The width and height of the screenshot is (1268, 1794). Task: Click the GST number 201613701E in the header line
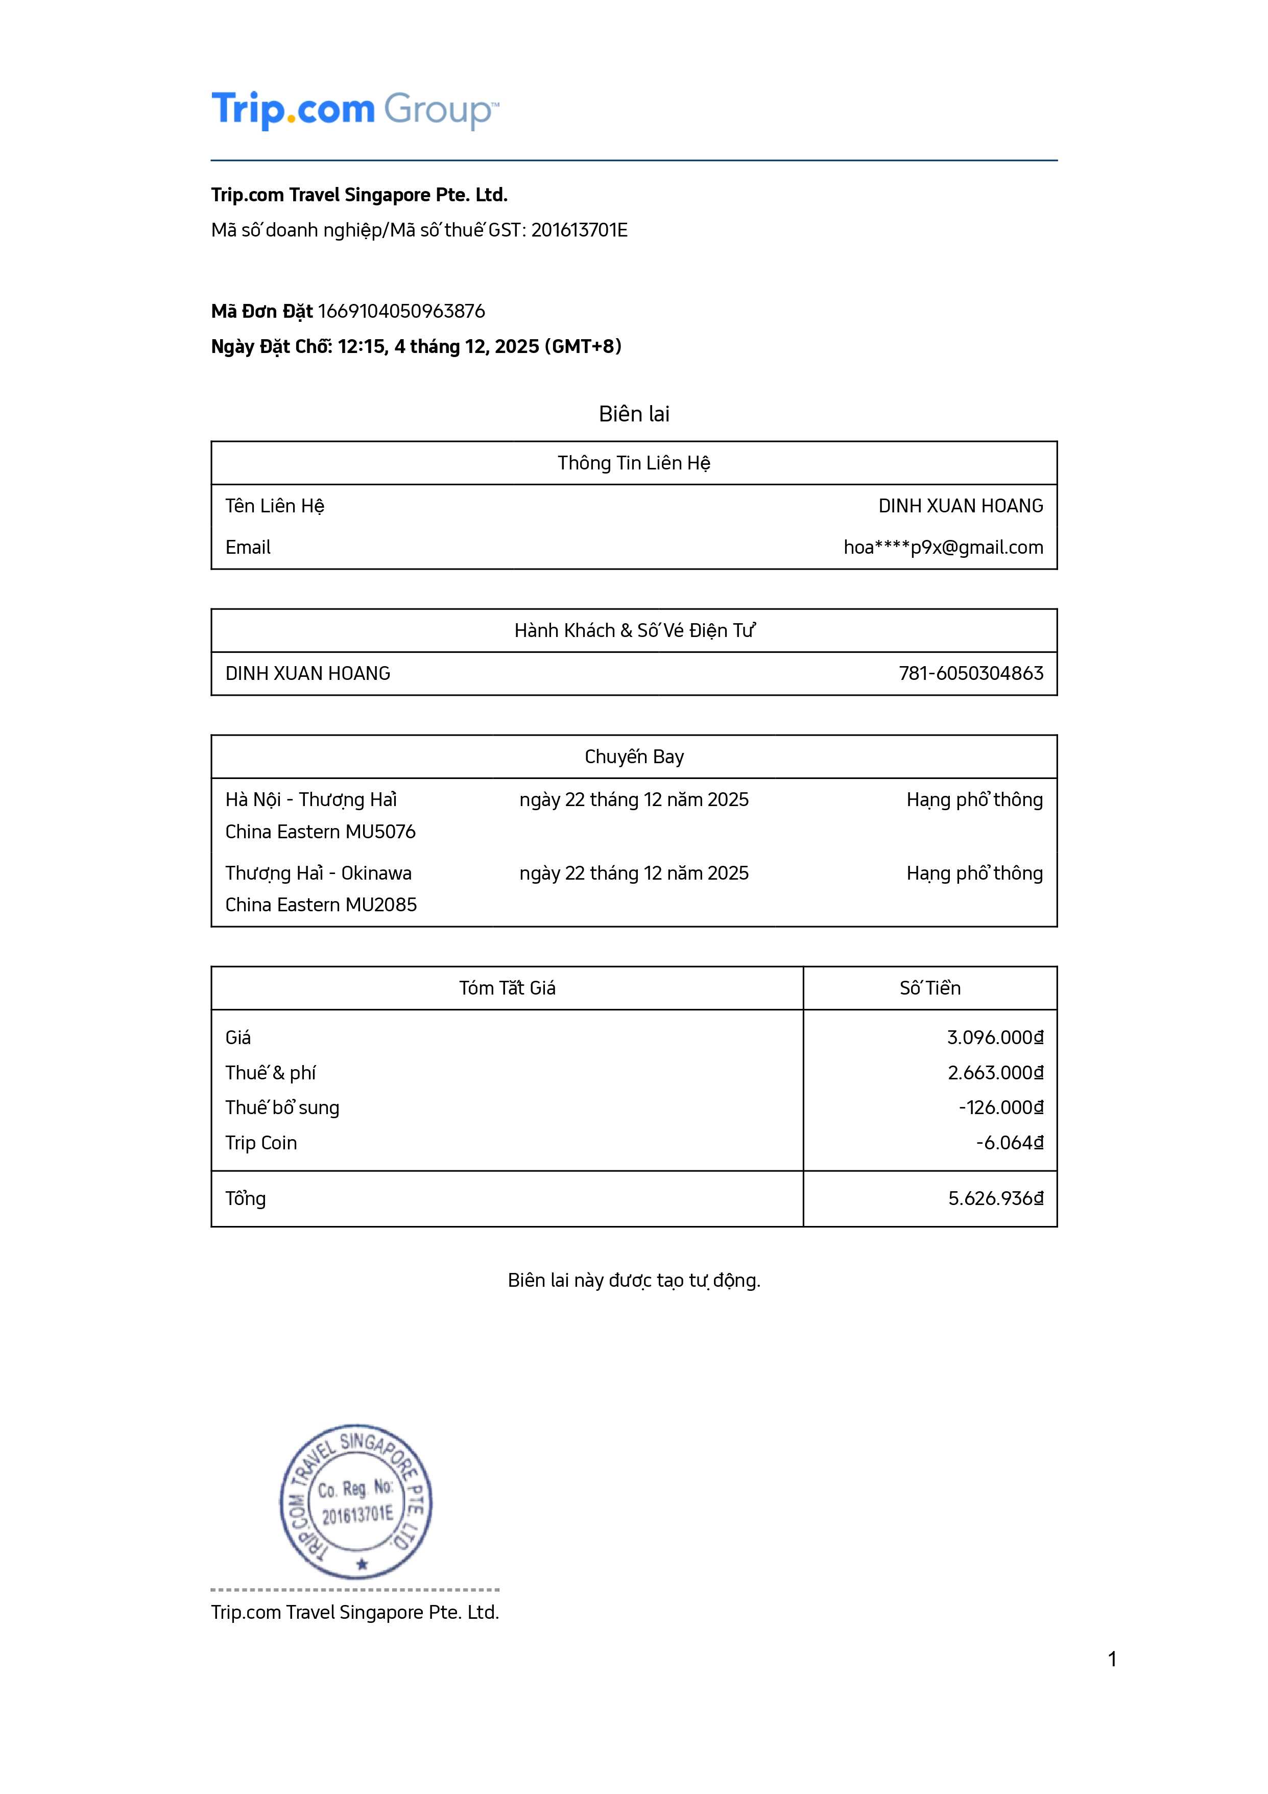point(579,230)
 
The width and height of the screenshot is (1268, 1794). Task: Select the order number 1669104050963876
point(401,311)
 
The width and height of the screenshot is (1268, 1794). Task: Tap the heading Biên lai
point(634,414)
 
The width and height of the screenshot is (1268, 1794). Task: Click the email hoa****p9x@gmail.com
point(943,548)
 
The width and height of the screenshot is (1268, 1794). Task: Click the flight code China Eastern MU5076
point(320,832)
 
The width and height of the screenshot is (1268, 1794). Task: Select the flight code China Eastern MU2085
point(321,905)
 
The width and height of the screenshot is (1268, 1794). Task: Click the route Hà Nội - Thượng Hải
point(311,799)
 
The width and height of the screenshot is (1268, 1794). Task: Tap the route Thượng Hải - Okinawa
point(318,873)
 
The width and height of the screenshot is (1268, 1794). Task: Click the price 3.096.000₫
point(995,1037)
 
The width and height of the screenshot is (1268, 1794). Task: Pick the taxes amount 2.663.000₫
point(995,1073)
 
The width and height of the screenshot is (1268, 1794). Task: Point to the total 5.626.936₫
point(995,1198)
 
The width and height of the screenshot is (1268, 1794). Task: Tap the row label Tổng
point(245,1198)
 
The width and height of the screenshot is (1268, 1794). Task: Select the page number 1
point(1112,1659)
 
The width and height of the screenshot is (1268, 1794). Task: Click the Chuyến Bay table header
point(634,757)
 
